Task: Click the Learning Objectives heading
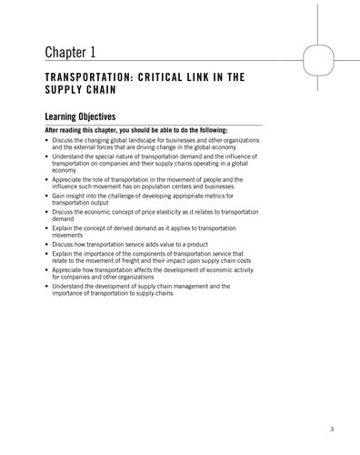[80, 116]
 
